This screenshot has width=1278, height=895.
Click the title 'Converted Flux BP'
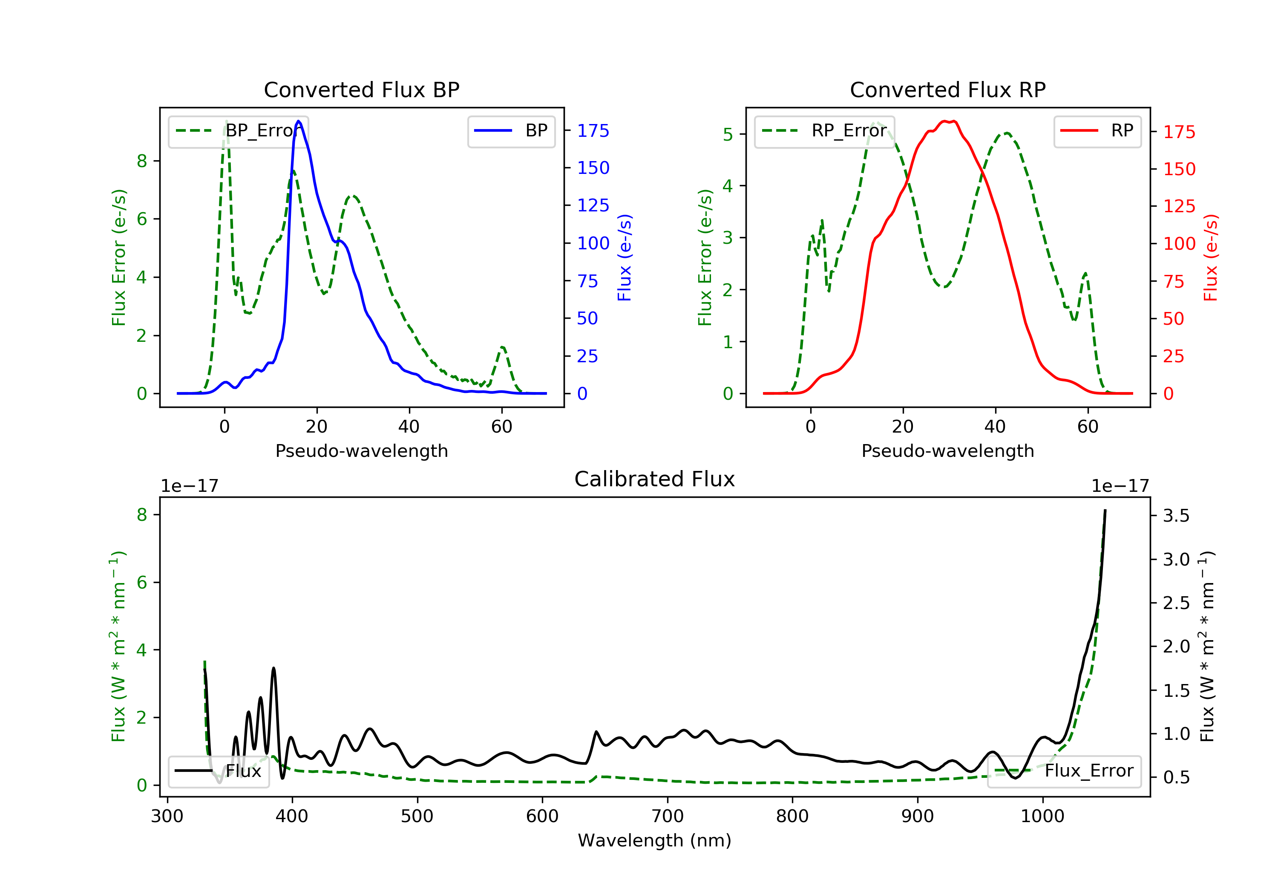[x=361, y=89]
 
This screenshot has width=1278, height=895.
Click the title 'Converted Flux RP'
[x=947, y=89]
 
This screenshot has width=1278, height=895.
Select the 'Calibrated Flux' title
[x=655, y=479]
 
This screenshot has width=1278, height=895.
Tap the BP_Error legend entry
[x=238, y=131]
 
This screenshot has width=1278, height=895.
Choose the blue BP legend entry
[x=511, y=131]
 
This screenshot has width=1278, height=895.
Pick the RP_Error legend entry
[x=824, y=131]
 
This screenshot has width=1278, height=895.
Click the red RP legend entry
[x=1097, y=131]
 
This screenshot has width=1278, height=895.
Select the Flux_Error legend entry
[x=1064, y=771]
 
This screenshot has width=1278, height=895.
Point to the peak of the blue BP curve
[x=299, y=121]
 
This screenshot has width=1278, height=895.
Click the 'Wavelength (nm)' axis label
[x=655, y=840]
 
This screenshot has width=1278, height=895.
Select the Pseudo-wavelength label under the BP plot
[x=362, y=450]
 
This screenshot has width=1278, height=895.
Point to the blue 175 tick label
[x=593, y=131]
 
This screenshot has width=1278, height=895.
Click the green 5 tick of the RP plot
[x=728, y=134]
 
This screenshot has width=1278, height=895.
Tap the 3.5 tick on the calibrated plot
[x=1176, y=516]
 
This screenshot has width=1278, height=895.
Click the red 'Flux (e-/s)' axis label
[x=1211, y=258]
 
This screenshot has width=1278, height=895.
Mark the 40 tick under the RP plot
[x=995, y=427]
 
